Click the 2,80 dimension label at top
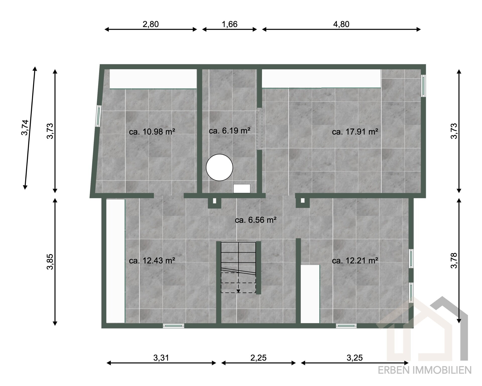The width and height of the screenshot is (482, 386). (151, 24)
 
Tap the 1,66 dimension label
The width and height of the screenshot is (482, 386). (229, 24)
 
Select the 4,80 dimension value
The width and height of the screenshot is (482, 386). (341, 24)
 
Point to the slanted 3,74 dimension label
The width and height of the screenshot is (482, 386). (25, 127)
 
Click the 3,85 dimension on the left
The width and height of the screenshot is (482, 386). (50, 262)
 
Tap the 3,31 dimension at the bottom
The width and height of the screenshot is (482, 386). (161, 358)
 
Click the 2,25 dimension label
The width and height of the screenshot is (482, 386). (258, 358)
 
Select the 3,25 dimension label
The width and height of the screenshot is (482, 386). (355, 358)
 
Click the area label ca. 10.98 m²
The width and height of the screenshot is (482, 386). (152, 132)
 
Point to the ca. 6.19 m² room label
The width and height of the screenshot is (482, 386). (229, 131)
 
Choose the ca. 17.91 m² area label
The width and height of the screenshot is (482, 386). (355, 132)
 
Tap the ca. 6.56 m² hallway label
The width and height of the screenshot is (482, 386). (256, 220)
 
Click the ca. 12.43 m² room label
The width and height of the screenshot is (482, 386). (152, 261)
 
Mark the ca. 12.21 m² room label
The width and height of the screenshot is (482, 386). (355, 261)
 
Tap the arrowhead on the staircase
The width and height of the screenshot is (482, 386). (238, 291)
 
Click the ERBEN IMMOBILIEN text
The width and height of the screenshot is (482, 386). (425, 370)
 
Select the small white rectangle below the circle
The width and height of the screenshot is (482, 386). (242, 189)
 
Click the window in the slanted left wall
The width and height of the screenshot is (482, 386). (98, 116)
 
